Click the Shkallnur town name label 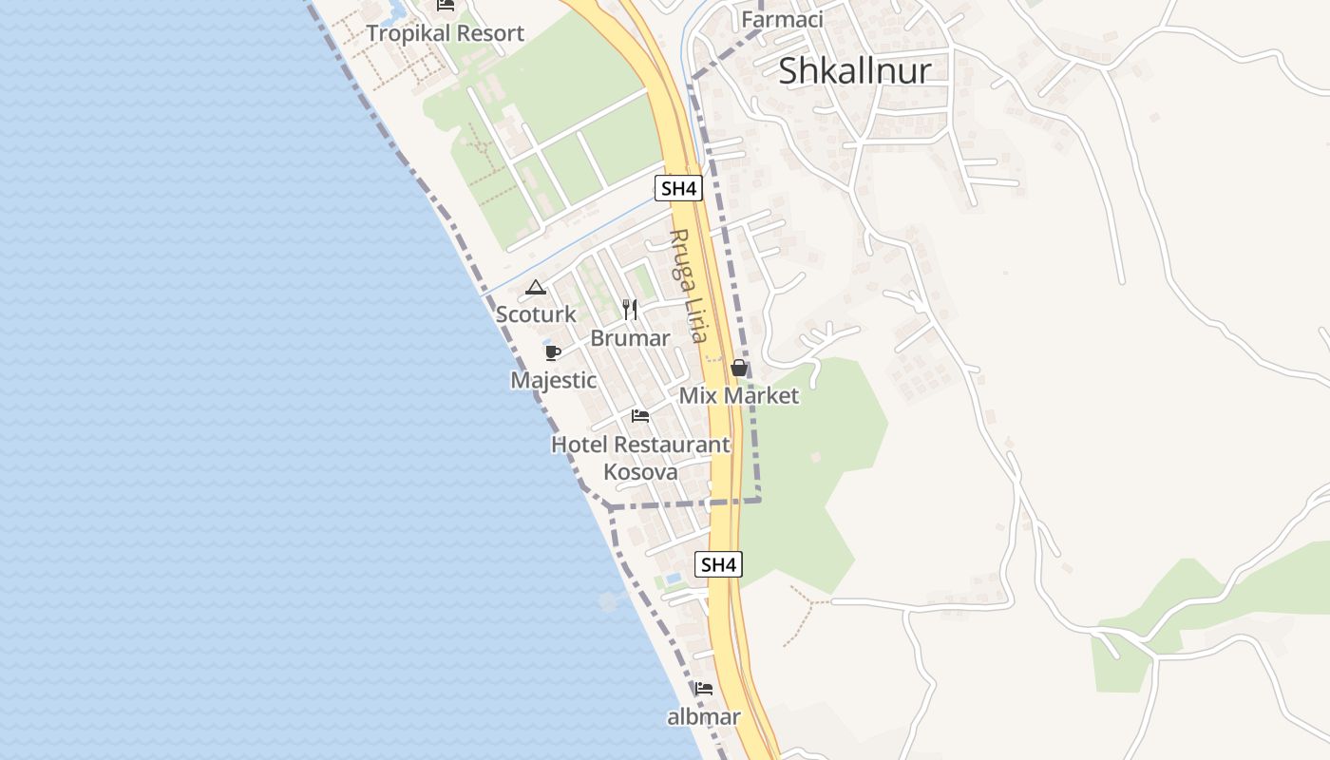854,71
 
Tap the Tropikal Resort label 445,33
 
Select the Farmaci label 782,19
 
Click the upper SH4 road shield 678,188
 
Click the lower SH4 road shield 717,564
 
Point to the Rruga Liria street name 688,285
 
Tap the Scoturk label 536,313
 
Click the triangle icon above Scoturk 536,287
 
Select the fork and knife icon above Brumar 630,310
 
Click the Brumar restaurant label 630,338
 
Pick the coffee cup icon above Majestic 553,353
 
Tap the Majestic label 553,380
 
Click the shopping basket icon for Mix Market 739,368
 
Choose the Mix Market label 739,395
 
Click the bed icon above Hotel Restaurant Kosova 640,416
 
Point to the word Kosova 641,472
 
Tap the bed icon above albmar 703,689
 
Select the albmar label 703,717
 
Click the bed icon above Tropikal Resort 446,5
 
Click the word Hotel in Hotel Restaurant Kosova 579,445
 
